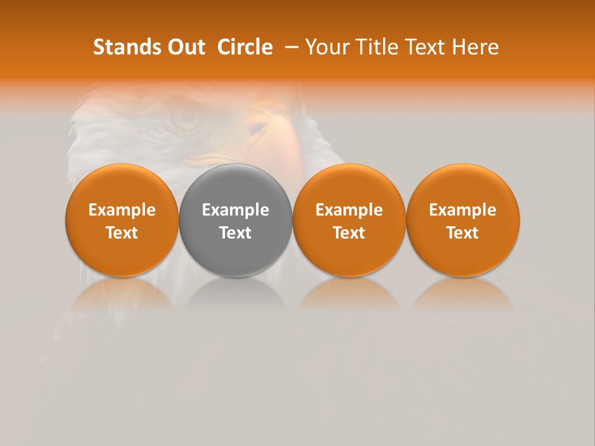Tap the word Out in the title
tap(185, 47)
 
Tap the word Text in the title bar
tap(426, 47)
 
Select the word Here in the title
tap(475, 47)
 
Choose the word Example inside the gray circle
tap(236, 210)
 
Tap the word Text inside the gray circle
tap(236, 233)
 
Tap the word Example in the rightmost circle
tap(463, 210)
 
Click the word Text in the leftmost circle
tap(122, 233)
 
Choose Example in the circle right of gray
tap(349, 210)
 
